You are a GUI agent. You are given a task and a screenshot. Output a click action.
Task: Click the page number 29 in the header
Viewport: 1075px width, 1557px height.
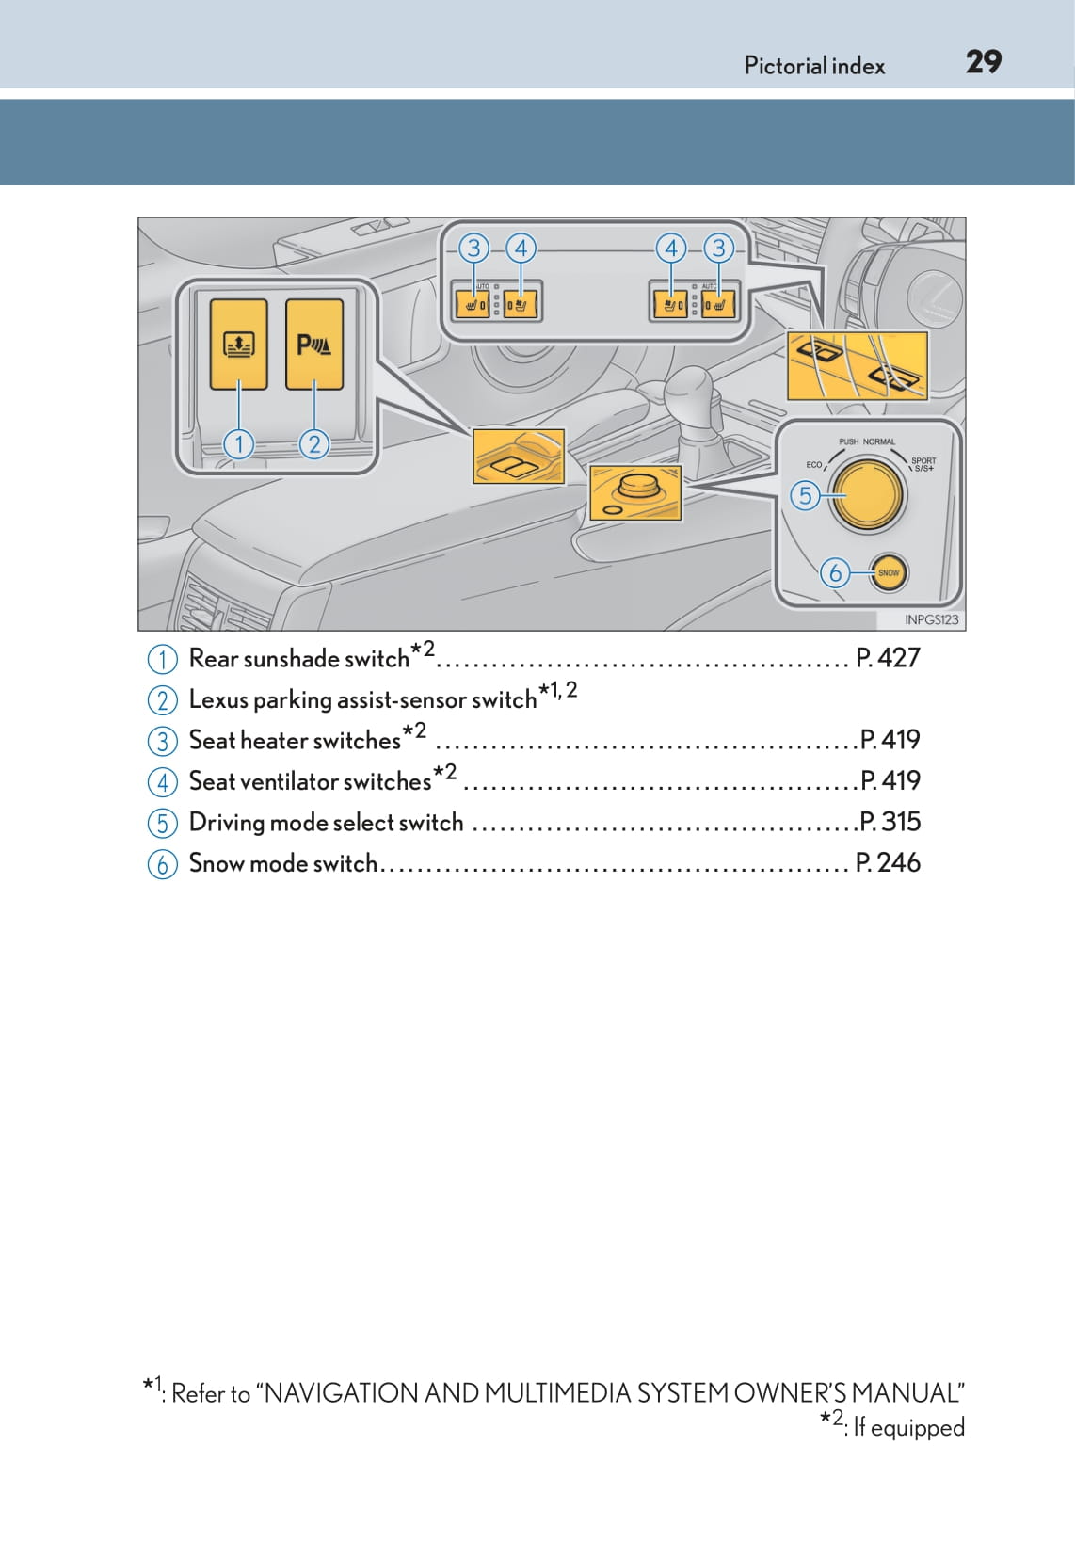[x=983, y=62]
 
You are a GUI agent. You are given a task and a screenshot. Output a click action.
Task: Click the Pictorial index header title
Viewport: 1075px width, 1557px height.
[x=814, y=66]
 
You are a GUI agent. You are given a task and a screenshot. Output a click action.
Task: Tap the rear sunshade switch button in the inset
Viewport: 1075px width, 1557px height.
[x=238, y=344]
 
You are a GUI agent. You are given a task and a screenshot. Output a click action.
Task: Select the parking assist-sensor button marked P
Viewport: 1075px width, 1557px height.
[x=314, y=344]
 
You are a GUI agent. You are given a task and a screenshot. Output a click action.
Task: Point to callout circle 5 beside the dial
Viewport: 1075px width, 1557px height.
[x=805, y=495]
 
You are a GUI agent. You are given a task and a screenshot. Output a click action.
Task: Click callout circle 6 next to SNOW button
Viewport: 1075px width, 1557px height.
[x=835, y=572]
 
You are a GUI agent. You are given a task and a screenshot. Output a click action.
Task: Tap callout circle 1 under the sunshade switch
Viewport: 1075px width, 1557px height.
[x=239, y=443]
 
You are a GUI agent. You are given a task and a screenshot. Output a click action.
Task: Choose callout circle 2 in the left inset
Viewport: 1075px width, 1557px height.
[x=314, y=443]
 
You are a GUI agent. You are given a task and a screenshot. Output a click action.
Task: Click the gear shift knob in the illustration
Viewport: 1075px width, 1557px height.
[x=690, y=394]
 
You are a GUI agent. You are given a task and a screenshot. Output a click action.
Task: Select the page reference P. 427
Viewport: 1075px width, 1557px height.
[x=888, y=658]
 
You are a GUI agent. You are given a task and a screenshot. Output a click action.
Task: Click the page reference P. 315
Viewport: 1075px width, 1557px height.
[x=890, y=822]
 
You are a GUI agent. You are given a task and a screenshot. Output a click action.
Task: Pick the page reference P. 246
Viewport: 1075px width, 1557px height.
[x=888, y=862]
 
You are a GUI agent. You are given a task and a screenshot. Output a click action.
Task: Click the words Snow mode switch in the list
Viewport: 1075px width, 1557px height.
[x=282, y=863]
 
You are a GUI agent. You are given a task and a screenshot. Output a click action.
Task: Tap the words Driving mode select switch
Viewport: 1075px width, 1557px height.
[x=326, y=823]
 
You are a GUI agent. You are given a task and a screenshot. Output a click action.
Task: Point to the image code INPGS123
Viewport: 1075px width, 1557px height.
[x=931, y=619]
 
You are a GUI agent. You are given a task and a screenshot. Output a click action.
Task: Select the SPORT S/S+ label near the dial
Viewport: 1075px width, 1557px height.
[x=923, y=464]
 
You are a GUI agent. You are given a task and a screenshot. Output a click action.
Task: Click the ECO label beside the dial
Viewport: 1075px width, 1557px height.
[x=814, y=464]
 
